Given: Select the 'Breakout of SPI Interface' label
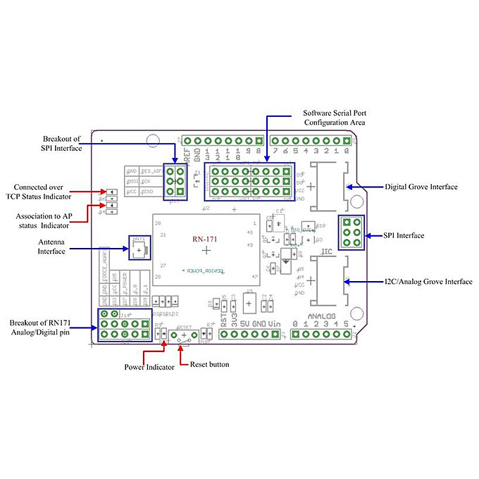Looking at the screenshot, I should (x=62, y=143).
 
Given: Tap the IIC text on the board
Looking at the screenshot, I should (x=326, y=251).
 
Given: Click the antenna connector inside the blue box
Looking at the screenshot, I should (x=139, y=248).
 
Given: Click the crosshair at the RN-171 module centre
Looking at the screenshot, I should (x=206, y=251).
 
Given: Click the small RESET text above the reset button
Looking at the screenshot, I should (x=185, y=328).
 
